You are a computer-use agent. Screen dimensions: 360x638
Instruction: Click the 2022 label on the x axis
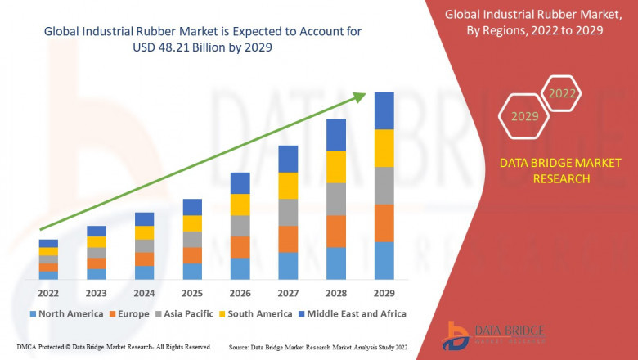pyautogui.click(x=48, y=294)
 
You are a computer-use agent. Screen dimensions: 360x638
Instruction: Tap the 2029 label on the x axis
pyautogui.click(x=384, y=294)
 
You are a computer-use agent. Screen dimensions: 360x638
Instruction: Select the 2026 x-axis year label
pyautogui.click(x=240, y=294)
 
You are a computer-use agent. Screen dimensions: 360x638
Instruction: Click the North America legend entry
pyautogui.click(x=67, y=313)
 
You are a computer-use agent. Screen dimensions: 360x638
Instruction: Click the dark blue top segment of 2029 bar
pyautogui.click(x=384, y=110)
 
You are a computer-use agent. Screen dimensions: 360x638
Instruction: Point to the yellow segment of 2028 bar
pyautogui.click(x=336, y=167)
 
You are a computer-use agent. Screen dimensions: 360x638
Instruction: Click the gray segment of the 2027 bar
pyautogui.click(x=288, y=212)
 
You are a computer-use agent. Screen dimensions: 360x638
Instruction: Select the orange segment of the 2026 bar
pyautogui.click(x=240, y=247)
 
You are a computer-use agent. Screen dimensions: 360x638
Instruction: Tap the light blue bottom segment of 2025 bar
pyautogui.click(x=192, y=271)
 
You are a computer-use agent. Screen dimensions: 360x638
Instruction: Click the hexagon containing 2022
pyautogui.click(x=562, y=93)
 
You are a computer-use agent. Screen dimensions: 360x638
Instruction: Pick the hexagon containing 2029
pyautogui.click(x=524, y=117)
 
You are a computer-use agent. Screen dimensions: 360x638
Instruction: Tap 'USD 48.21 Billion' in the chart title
pyautogui.click(x=182, y=47)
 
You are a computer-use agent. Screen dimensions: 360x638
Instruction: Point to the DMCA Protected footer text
pyautogui.click(x=114, y=348)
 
